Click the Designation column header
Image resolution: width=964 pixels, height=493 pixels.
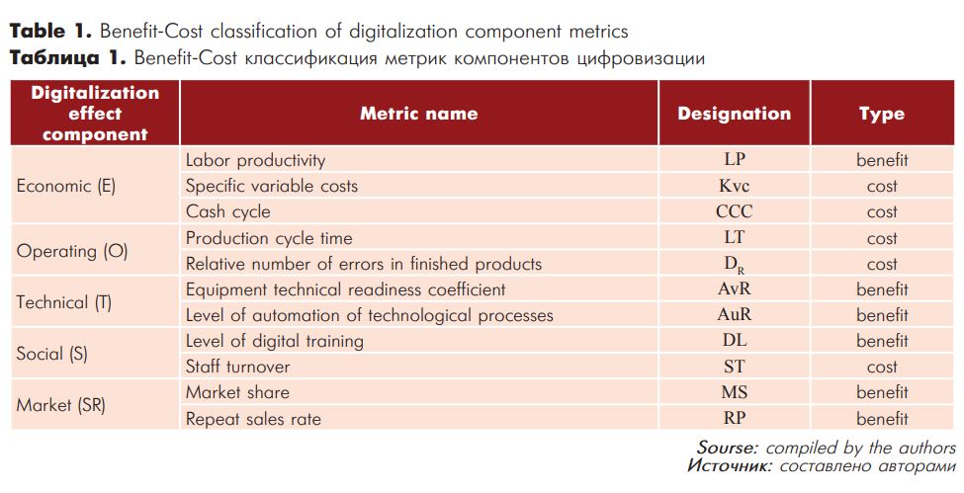[x=734, y=114]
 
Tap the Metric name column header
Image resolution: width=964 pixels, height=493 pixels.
[x=418, y=114]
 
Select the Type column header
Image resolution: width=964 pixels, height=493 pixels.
[x=882, y=115]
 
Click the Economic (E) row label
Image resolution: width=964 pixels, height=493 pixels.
[x=66, y=186]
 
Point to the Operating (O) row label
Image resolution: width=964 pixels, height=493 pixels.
[x=72, y=251]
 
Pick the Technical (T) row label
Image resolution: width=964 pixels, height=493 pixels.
[x=64, y=302]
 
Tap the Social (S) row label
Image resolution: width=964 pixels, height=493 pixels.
[x=52, y=354]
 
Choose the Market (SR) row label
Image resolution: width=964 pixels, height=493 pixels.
[x=61, y=406]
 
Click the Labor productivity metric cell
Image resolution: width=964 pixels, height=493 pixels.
[x=255, y=160]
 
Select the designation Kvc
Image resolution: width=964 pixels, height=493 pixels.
[x=734, y=186]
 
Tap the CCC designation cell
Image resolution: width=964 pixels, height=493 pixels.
[x=734, y=211]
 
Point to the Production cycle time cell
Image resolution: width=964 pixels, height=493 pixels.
[x=269, y=238]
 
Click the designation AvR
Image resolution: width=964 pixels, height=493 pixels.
[x=734, y=288]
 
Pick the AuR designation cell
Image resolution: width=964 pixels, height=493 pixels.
[x=734, y=315]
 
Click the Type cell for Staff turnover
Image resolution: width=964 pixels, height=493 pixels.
[x=882, y=367]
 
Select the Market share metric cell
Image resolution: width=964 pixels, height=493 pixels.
[x=237, y=392]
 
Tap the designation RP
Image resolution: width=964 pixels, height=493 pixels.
[x=734, y=418]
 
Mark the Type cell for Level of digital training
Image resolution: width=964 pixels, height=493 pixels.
[x=882, y=341]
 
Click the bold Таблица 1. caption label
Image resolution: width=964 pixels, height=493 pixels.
[x=67, y=58]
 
